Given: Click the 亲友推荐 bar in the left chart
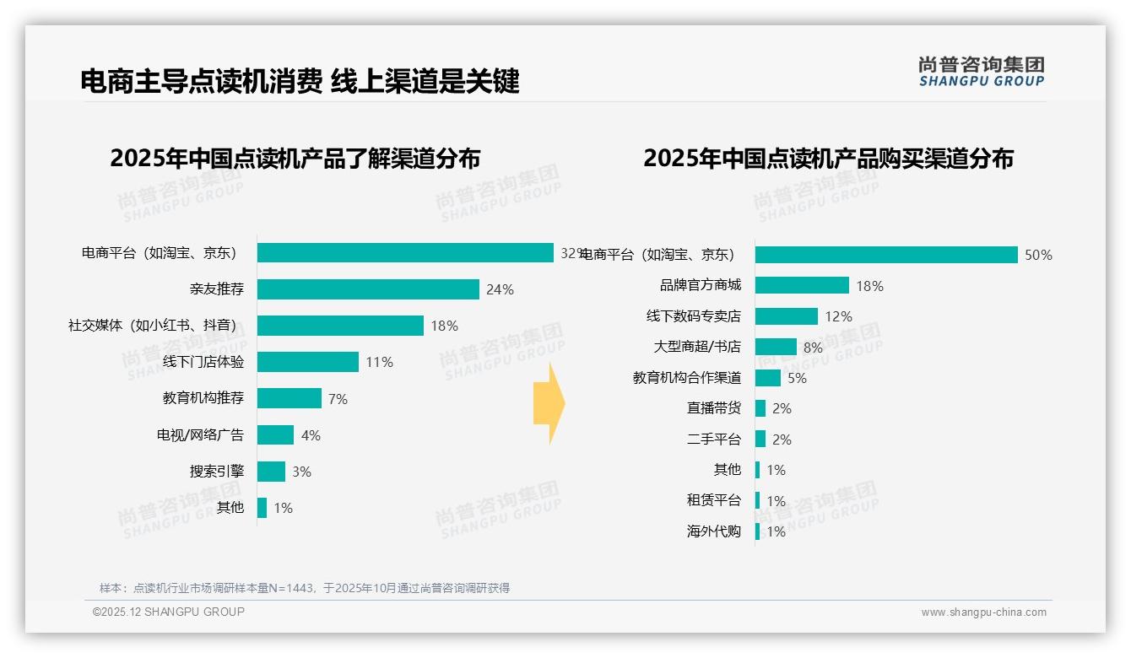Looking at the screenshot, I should [x=368, y=289].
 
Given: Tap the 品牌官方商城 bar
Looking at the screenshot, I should [x=802, y=285].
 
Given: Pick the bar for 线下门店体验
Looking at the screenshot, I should [x=308, y=362].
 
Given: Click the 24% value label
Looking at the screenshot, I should [x=500, y=289].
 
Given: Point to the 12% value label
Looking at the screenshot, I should [x=838, y=316].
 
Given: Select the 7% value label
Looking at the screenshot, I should [x=338, y=399].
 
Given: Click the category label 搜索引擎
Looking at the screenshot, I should [x=217, y=472].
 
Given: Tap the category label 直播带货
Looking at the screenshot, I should [x=714, y=408].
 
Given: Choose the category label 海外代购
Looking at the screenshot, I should [x=714, y=531].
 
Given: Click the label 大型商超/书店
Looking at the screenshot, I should [x=697, y=347].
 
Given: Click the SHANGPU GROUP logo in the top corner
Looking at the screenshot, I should [x=981, y=72].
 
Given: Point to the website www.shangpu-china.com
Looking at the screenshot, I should [x=983, y=612].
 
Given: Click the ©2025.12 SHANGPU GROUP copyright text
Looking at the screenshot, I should [x=169, y=612].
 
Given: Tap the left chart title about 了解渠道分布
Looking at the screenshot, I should [x=295, y=159].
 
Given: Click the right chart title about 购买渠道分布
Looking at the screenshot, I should [x=828, y=159].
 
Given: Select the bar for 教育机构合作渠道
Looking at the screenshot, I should [x=768, y=378].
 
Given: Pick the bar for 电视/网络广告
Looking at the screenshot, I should [x=275, y=435].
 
